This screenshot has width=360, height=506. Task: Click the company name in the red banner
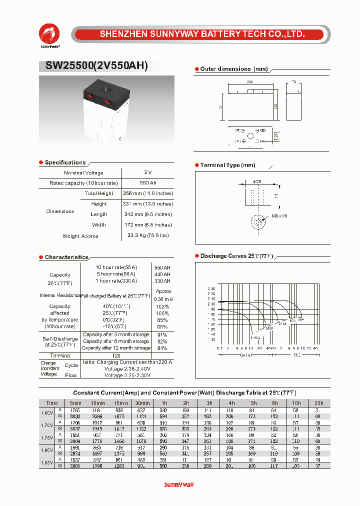pyautogui.click(x=202, y=34)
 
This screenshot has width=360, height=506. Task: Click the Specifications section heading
pyautogui.click(x=65, y=162)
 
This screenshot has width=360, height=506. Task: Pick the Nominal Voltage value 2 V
pyautogui.click(x=147, y=172)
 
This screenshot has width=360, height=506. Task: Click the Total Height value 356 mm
pyautogui.click(x=147, y=193)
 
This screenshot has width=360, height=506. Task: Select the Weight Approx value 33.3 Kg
pyautogui.click(x=147, y=235)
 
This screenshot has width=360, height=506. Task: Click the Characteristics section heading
pyautogui.click(x=66, y=257)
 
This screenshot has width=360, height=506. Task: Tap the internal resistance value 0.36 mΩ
pyautogui.click(x=163, y=299)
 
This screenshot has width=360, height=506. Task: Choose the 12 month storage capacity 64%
pyautogui.click(x=162, y=348)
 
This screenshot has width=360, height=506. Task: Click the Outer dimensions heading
pyautogui.click(x=234, y=69)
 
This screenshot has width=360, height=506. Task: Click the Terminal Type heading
pyautogui.click(x=227, y=165)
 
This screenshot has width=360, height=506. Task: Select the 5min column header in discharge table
pyautogui.click(x=75, y=403)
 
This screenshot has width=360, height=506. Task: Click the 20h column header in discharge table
pyautogui.click(x=319, y=403)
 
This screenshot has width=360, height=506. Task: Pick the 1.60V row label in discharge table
pyautogui.click(x=46, y=412)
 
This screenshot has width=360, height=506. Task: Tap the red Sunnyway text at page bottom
pyautogui.click(x=178, y=485)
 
